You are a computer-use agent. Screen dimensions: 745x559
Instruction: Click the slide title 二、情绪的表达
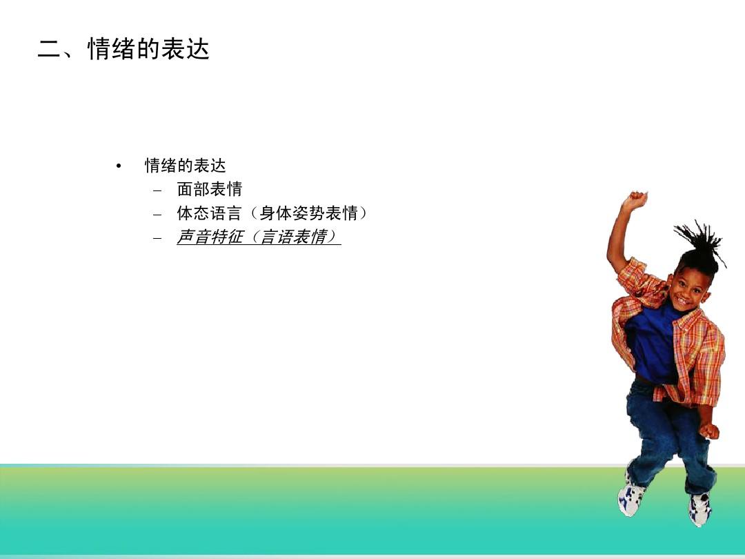point(123,49)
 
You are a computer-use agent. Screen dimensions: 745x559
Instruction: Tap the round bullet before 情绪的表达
point(119,166)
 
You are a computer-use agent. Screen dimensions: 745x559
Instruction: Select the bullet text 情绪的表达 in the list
point(186,166)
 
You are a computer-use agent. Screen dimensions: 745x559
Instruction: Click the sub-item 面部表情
point(210,189)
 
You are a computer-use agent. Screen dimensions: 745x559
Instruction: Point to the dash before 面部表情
point(157,191)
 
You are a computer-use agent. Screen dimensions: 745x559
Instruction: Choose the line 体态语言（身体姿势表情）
point(272,213)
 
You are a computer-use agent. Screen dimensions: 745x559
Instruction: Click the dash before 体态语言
point(157,215)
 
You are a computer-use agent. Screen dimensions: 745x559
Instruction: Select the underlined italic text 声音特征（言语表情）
point(259,237)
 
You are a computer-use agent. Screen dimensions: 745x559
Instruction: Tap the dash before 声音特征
point(157,238)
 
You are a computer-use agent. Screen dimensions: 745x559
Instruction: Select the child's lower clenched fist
point(709,430)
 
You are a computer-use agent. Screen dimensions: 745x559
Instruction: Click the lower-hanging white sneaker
point(700,509)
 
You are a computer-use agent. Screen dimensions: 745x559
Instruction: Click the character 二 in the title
point(49,50)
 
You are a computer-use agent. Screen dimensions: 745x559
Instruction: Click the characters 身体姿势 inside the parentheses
point(292,213)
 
